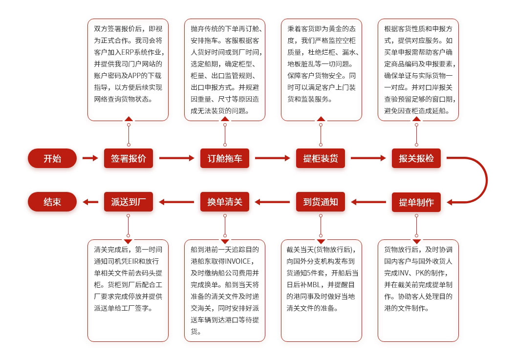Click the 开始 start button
[52, 158]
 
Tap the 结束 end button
[52, 202]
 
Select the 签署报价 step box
[129, 158]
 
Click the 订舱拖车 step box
[225, 158]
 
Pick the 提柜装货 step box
[321, 158]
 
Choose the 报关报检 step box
[416, 158]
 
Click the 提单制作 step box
[416, 202]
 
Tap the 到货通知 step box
[321, 202]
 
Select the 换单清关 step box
[225, 202]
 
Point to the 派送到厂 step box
[129, 202]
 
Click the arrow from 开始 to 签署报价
[90, 158]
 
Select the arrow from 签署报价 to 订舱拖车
[176, 158]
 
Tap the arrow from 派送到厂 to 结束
[90, 202]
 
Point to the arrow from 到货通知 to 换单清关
[273, 202]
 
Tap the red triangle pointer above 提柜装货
[321, 118]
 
